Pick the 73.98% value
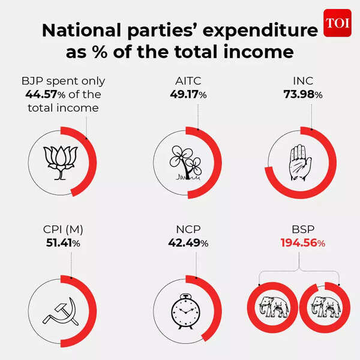(x=303, y=95)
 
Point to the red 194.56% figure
(x=303, y=243)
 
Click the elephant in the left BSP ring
(x=274, y=307)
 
